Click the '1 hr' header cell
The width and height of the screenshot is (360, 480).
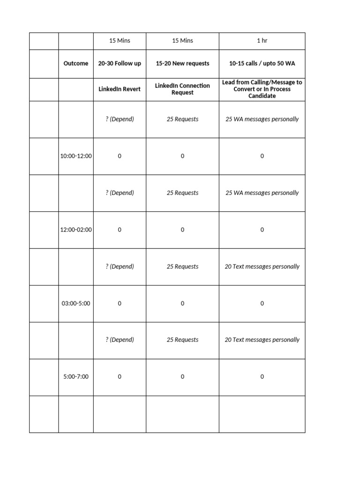click(262, 41)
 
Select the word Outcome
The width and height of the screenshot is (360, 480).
click(75, 63)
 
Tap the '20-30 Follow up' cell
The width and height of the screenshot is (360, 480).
click(120, 63)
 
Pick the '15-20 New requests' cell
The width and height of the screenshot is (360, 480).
click(182, 63)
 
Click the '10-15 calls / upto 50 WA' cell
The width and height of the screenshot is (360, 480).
click(262, 63)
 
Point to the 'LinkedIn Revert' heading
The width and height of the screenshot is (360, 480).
click(120, 89)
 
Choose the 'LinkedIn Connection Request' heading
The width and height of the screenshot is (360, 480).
click(182, 89)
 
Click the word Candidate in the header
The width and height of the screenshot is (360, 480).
click(262, 96)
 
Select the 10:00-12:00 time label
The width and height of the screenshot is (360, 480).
click(76, 156)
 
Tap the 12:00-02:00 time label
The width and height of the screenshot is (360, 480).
click(76, 230)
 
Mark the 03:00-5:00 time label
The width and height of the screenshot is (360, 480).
click(76, 303)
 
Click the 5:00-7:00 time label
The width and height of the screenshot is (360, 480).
click(76, 377)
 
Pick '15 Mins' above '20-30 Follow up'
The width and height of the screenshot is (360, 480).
click(120, 41)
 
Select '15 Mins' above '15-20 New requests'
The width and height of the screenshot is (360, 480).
click(182, 41)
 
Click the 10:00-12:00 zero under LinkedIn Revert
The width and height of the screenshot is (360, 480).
click(120, 156)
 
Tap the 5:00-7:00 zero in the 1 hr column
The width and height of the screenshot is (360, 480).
click(262, 377)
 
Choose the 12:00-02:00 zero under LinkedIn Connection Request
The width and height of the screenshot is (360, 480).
click(182, 230)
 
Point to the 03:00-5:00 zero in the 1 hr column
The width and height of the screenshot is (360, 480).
click(262, 303)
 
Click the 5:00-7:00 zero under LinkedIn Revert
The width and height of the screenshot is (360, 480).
click(120, 377)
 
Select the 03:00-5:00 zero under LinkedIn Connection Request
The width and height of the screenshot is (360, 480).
click(182, 303)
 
